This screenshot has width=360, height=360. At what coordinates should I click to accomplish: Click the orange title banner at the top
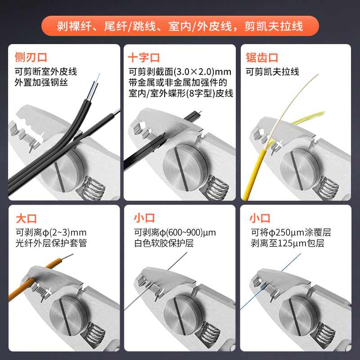(x=180, y=26)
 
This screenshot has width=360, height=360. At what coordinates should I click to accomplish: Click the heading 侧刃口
(x=31, y=58)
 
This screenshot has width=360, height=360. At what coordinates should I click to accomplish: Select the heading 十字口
(x=144, y=58)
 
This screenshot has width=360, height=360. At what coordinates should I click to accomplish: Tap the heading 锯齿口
(x=262, y=58)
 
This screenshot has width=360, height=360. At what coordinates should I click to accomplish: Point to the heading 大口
(x=27, y=219)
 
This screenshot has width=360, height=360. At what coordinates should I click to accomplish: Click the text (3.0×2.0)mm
(x=202, y=72)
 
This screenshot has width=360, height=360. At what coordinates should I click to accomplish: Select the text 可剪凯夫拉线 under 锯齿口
(x=272, y=72)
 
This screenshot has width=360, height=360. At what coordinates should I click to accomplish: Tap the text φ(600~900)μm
(x=188, y=233)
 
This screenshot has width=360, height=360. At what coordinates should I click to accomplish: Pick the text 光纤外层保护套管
(x=51, y=243)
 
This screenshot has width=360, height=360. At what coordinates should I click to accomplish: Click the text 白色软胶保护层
(x=164, y=243)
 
